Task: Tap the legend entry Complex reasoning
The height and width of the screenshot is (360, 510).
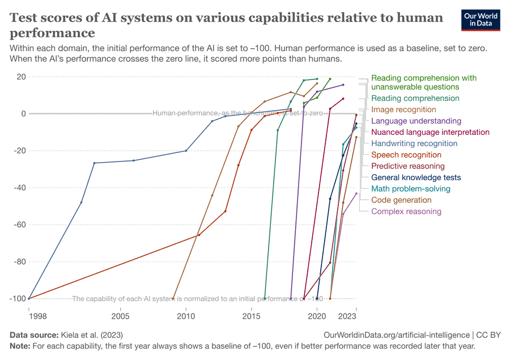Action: (x=406, y=211)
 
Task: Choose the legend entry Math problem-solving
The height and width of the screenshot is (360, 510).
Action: (x=410, y=189)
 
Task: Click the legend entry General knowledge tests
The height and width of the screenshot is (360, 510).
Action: (x=416, y=177)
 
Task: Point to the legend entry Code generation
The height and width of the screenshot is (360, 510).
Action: (x=401, y=200)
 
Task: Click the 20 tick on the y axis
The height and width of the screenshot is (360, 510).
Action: (x=22, y=77)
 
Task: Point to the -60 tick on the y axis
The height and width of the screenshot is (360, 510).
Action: (x=19, y=225)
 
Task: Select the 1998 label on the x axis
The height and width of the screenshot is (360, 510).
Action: (x=29, y=315)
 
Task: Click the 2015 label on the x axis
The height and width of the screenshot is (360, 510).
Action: (x=251, y=315)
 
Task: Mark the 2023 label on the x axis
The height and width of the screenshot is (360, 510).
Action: (x=347, y=315)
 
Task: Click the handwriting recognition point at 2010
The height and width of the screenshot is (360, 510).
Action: (x=186, y=151)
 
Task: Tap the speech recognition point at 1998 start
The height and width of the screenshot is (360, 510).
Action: (x=29, y=298)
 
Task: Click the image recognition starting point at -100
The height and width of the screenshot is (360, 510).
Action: (x=173, y=298)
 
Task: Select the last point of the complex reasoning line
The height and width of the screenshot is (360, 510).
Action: (x=356, y=193)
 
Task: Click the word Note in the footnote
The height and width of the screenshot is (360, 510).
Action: (x=20, y=345)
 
